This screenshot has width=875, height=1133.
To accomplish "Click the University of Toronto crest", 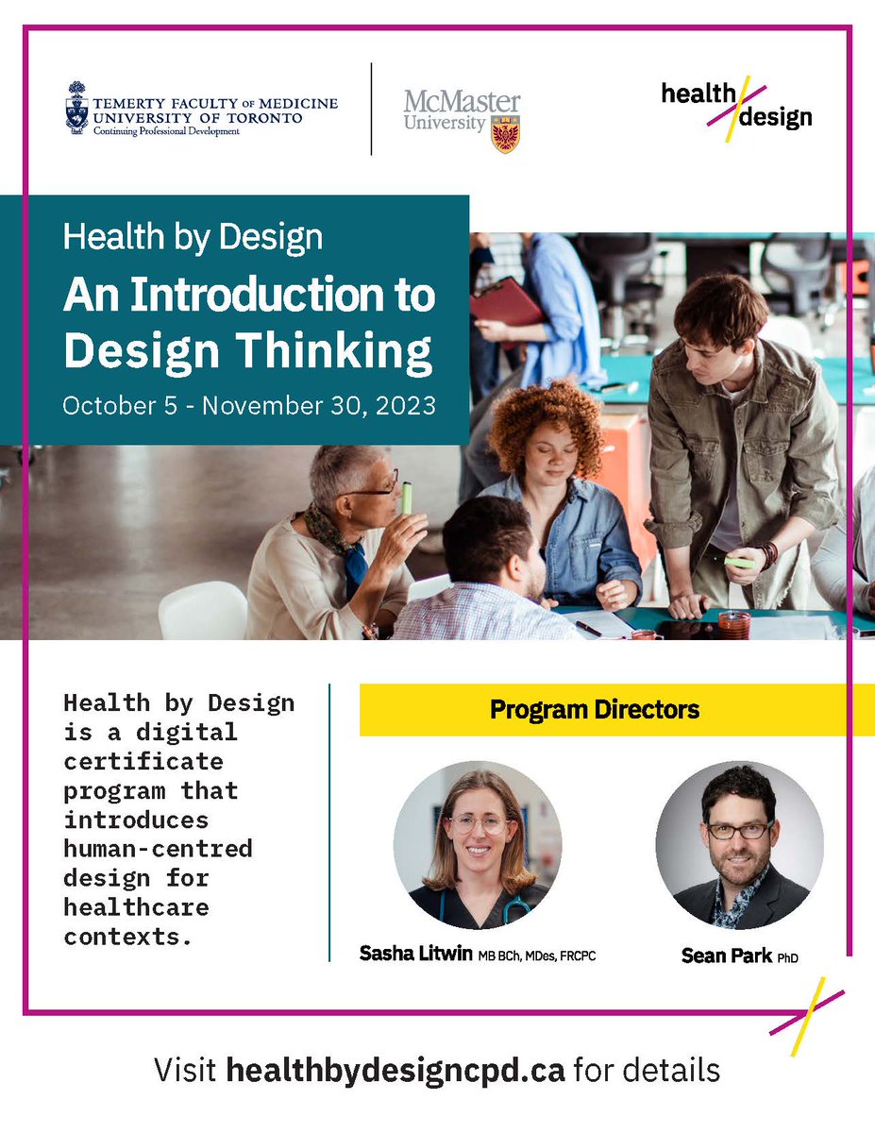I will coord(76,108).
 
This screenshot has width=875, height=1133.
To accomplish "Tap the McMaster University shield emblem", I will coord(506,134).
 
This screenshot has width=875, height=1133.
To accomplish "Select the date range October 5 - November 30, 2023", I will coord(249,406).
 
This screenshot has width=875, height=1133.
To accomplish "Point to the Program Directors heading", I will coord(595,709).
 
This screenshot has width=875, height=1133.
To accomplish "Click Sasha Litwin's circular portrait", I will coord(478,845).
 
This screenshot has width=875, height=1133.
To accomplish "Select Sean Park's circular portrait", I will coord(739,845).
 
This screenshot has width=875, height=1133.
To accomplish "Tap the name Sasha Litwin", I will coord(416,954).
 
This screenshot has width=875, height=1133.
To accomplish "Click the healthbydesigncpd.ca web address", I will coord(395,1071).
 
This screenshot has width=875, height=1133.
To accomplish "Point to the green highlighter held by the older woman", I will coord(407,498).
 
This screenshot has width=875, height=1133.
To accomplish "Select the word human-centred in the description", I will coord(158,848).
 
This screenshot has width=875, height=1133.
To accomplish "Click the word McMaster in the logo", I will coord(462,102).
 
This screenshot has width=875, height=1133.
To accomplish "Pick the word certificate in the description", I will coord(143,760).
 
